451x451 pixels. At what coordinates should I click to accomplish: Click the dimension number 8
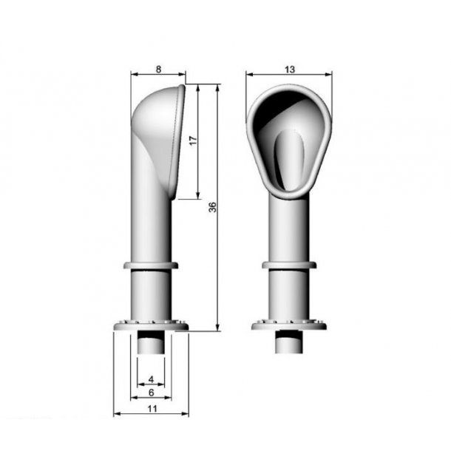pos(158,69)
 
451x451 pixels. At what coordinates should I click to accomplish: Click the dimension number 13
pos(289,69)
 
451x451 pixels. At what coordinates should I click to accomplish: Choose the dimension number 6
pos(151,393)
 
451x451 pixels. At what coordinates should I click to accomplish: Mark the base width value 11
pos(151,408)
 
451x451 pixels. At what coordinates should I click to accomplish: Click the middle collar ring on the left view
pos(151,265)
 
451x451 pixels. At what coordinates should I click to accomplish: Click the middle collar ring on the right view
pos(289,265)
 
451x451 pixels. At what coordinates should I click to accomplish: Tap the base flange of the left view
pos(151,325)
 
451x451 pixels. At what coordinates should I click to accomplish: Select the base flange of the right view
pos(289,325)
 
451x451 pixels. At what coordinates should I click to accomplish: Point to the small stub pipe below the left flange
pos(151,344)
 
